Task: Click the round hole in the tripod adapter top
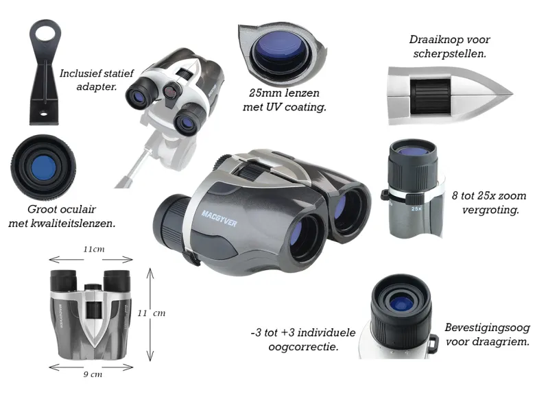pos(45,32)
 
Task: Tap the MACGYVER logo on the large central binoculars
pos(219,219)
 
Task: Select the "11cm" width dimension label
pos(94,250)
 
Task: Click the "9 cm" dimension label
pos(93,374)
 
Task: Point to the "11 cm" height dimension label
pos(152,313)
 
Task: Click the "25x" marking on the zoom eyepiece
pos(416,208)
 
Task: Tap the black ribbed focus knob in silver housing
pos(430,96)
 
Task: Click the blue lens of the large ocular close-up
pos(43,168)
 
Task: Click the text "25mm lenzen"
pos(284,93)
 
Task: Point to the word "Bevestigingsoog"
pos(487,328)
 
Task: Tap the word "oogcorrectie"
pos(303,347)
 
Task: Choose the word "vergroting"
pos(490,210)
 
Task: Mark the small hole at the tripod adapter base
pos(43,113)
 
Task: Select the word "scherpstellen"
pos(450,54)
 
